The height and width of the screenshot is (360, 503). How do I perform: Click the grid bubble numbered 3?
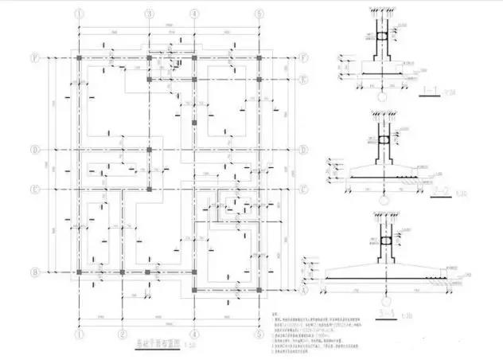click(x=149, y=14)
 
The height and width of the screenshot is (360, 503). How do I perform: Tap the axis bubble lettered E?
click(x=304, y=80)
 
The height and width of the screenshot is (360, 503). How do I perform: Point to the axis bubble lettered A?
click(x=306, y=291)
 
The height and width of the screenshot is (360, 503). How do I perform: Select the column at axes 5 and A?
click(x=259, y=291)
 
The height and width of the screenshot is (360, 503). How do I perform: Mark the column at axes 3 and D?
click(x=149, y=149)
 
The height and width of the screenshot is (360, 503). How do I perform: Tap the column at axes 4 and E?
click(x=193, y=80)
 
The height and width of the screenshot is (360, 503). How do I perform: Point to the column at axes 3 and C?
click(x=149, y=190)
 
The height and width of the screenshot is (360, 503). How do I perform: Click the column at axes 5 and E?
click(x=259, y=80)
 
